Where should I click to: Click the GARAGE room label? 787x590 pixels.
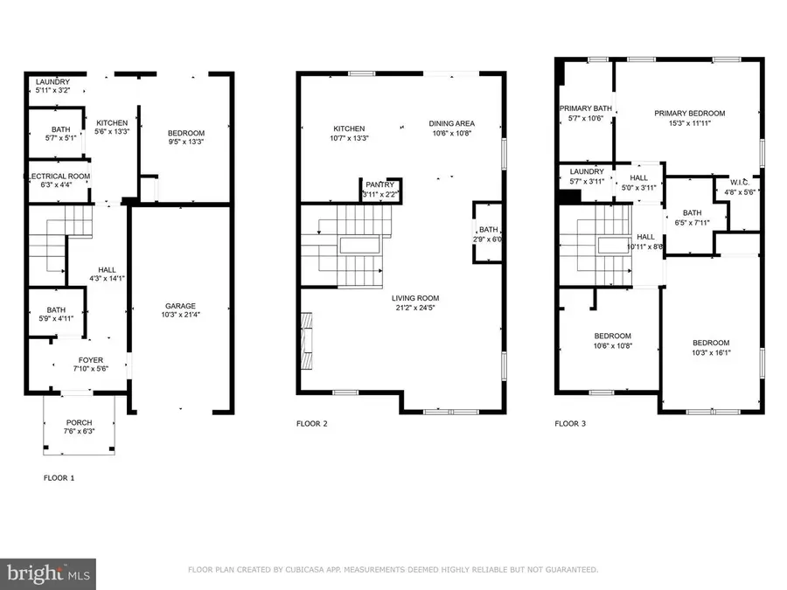pos(181,306)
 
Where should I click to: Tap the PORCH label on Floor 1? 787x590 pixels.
pos(79,422)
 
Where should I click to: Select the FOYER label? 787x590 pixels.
pos(91,359)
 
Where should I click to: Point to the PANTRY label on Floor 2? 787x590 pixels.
pos(380,184)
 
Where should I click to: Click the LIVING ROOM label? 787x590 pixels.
pos(415,297)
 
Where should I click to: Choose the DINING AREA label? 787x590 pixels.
pos(451,123)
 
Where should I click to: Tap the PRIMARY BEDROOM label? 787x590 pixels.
pos(690,113)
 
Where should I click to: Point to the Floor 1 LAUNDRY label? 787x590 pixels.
pos(52,82)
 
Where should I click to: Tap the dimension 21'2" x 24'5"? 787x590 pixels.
pos(415,307)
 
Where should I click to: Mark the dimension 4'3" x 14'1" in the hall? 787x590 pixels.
pos(81,280)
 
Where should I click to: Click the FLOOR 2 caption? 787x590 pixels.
pos(312,424)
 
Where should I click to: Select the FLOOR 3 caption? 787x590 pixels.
pos(571,424)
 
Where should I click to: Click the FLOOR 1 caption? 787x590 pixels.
pos(59,478)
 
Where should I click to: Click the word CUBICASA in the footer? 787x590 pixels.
pos(309,570)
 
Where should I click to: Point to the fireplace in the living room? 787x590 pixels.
pos(305,344)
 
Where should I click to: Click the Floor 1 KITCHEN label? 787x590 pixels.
pos(112,122)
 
